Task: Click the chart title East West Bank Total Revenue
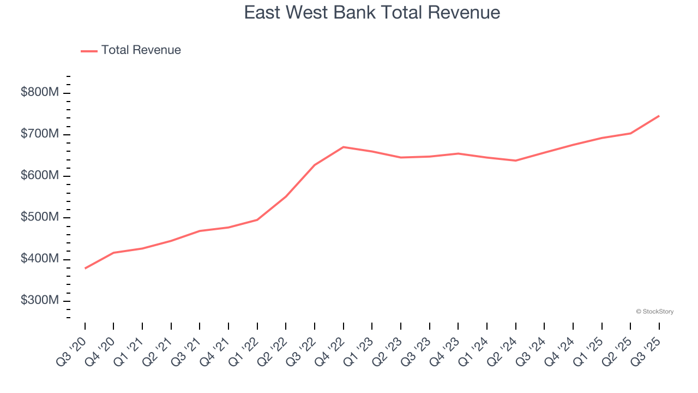(372, 12)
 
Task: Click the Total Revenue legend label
(141, 50)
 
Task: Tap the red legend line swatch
(89, 51)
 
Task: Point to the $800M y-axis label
(39, 93)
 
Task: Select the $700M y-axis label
(39, 134)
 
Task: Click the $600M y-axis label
(39, 176)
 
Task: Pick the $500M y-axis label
(39, 217)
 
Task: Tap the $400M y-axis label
(39, 259)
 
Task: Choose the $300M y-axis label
(39, 301)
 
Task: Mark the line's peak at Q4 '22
(343, 147)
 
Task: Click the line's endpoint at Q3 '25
(659, 116)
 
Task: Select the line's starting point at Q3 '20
(85, 268)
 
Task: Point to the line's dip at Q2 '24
(515, 160)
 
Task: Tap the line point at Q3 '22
(315, 165)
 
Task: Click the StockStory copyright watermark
(654, 312)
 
